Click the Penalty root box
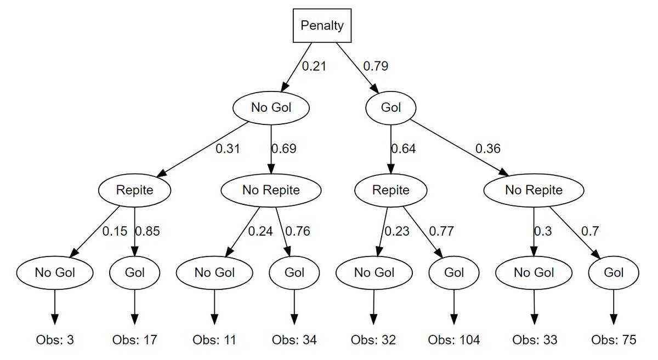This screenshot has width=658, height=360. [322, 26]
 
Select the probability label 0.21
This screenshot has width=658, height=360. [314, 66]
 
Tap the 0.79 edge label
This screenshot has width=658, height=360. [376, 66]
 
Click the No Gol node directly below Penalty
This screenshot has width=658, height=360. [271, 108]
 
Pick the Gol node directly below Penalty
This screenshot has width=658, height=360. [390, 108]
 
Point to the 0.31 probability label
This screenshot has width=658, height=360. [228, 148]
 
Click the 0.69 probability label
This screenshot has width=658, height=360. [284, 148]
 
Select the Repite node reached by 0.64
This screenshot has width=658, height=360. [390, 190]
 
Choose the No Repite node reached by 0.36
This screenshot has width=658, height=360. [534, 190]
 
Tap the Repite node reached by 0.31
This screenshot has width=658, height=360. [134, 190]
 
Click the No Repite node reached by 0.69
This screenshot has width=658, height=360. [271, 190]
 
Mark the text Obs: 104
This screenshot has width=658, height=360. [454, 340]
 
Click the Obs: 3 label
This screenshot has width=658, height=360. [55, 340]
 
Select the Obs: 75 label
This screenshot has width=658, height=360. [614, 340]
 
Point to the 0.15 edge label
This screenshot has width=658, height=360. [115, 231]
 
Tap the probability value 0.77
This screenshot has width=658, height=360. [441, 231]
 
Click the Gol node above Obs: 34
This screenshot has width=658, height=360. [294, 273]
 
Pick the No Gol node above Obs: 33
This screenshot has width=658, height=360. [534, 273]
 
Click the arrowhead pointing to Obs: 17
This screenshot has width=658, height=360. [134, 319]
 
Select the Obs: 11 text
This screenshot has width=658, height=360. [214, 340]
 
